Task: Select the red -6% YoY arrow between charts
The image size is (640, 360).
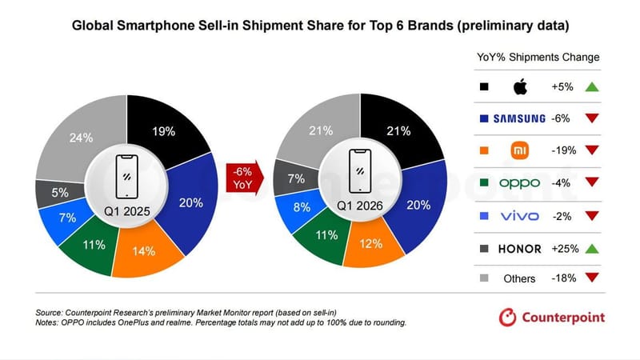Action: [x=242, y=178]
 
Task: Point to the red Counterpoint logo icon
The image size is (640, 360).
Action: [x=507, y=318]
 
